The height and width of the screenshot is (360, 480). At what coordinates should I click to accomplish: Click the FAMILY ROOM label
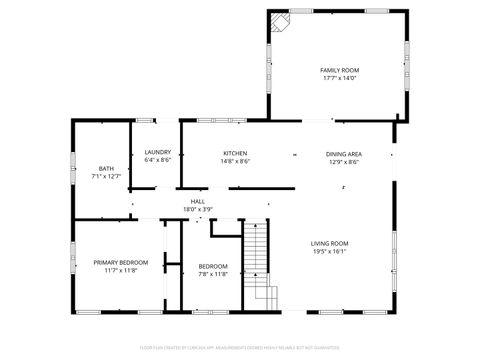[x=339, y=70]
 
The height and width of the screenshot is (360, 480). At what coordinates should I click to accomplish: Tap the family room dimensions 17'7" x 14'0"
[x=339, y=78]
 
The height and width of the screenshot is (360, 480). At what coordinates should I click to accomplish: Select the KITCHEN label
[x=236, y=153]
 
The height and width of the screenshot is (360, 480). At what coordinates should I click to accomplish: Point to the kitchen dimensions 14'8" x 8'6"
[x=236, y=161]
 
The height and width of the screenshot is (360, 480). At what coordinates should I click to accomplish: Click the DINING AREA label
[x=343, y=153]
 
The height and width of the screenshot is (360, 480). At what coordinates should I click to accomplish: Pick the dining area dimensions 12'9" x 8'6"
[x=343, y=161]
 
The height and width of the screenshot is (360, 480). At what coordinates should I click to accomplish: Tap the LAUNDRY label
[x=158, y=153]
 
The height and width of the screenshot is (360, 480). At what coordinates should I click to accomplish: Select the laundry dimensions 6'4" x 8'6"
[x=158, y=160]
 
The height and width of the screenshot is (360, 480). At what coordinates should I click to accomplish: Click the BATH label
[x=106, y=168]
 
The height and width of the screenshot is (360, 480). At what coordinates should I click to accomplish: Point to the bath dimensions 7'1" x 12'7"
[x=106, y=176]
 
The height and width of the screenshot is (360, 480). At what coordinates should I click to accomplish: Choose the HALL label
[x=198, y=201]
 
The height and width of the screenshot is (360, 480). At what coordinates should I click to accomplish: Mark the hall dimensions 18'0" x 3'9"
[x=198, y=209]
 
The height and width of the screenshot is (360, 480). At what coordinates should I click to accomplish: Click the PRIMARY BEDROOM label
[x=121, y=263]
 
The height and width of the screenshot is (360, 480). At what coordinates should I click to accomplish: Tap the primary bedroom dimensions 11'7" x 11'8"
[x=121, y=271]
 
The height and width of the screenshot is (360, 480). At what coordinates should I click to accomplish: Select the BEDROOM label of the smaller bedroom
[x=213, y=266]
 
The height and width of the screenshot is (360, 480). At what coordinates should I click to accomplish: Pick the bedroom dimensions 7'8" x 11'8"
[x=213, y=274]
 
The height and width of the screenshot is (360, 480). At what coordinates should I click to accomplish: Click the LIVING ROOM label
[x=329, y=243]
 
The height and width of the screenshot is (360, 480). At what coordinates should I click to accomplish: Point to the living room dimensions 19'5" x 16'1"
[x=329, y=251]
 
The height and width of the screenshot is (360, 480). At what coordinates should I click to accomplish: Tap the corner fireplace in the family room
[x=281, y=22]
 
